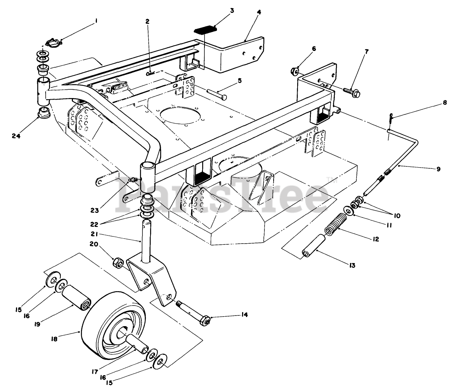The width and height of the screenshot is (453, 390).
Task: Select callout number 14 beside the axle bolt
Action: (x=244, y=315)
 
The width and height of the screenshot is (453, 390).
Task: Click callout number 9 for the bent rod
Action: (x=439, y=169)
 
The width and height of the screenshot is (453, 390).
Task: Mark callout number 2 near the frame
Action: (x=147, y=22)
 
